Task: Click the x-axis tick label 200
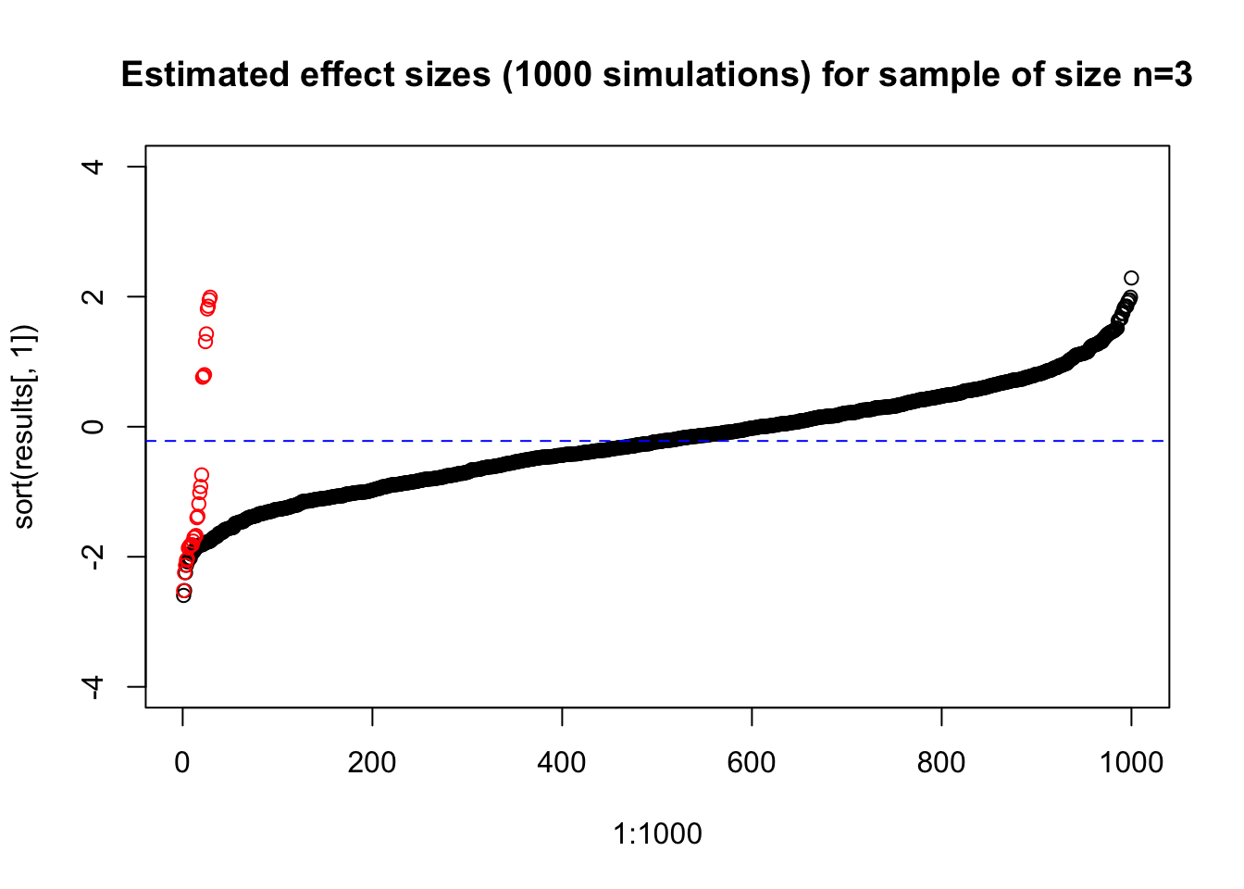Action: tap(371, 763)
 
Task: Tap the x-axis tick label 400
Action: tap(562, 763)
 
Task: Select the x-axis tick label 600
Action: tap(752, 763)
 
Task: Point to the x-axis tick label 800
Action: tap(941, 763)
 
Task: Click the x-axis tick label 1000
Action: tap(1131, 763)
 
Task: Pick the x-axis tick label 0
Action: tap(182, 763)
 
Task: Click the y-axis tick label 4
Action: tap(93, 167)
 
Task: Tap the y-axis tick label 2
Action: tap(93, 296)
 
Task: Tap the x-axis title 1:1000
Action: tap(657, 834)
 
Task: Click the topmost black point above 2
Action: tap(1131, 278)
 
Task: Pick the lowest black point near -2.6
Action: tap(184, 595)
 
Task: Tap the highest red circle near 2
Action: tap(210, 297)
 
